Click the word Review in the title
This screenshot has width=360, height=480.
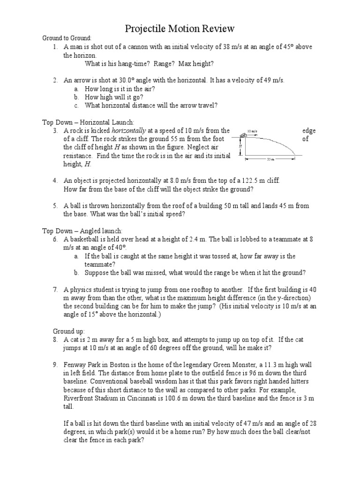pyautogui.click(x=214, y=29)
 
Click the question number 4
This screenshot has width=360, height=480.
pyautogui.click(x=55, y=180)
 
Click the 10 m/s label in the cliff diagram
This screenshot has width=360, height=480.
pyautogui.click(x=253, y=132)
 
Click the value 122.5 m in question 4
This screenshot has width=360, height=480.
pyautogui.click(x=253, y=180)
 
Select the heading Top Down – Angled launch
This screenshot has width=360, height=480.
pyautogui.click(x=82, y=231)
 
